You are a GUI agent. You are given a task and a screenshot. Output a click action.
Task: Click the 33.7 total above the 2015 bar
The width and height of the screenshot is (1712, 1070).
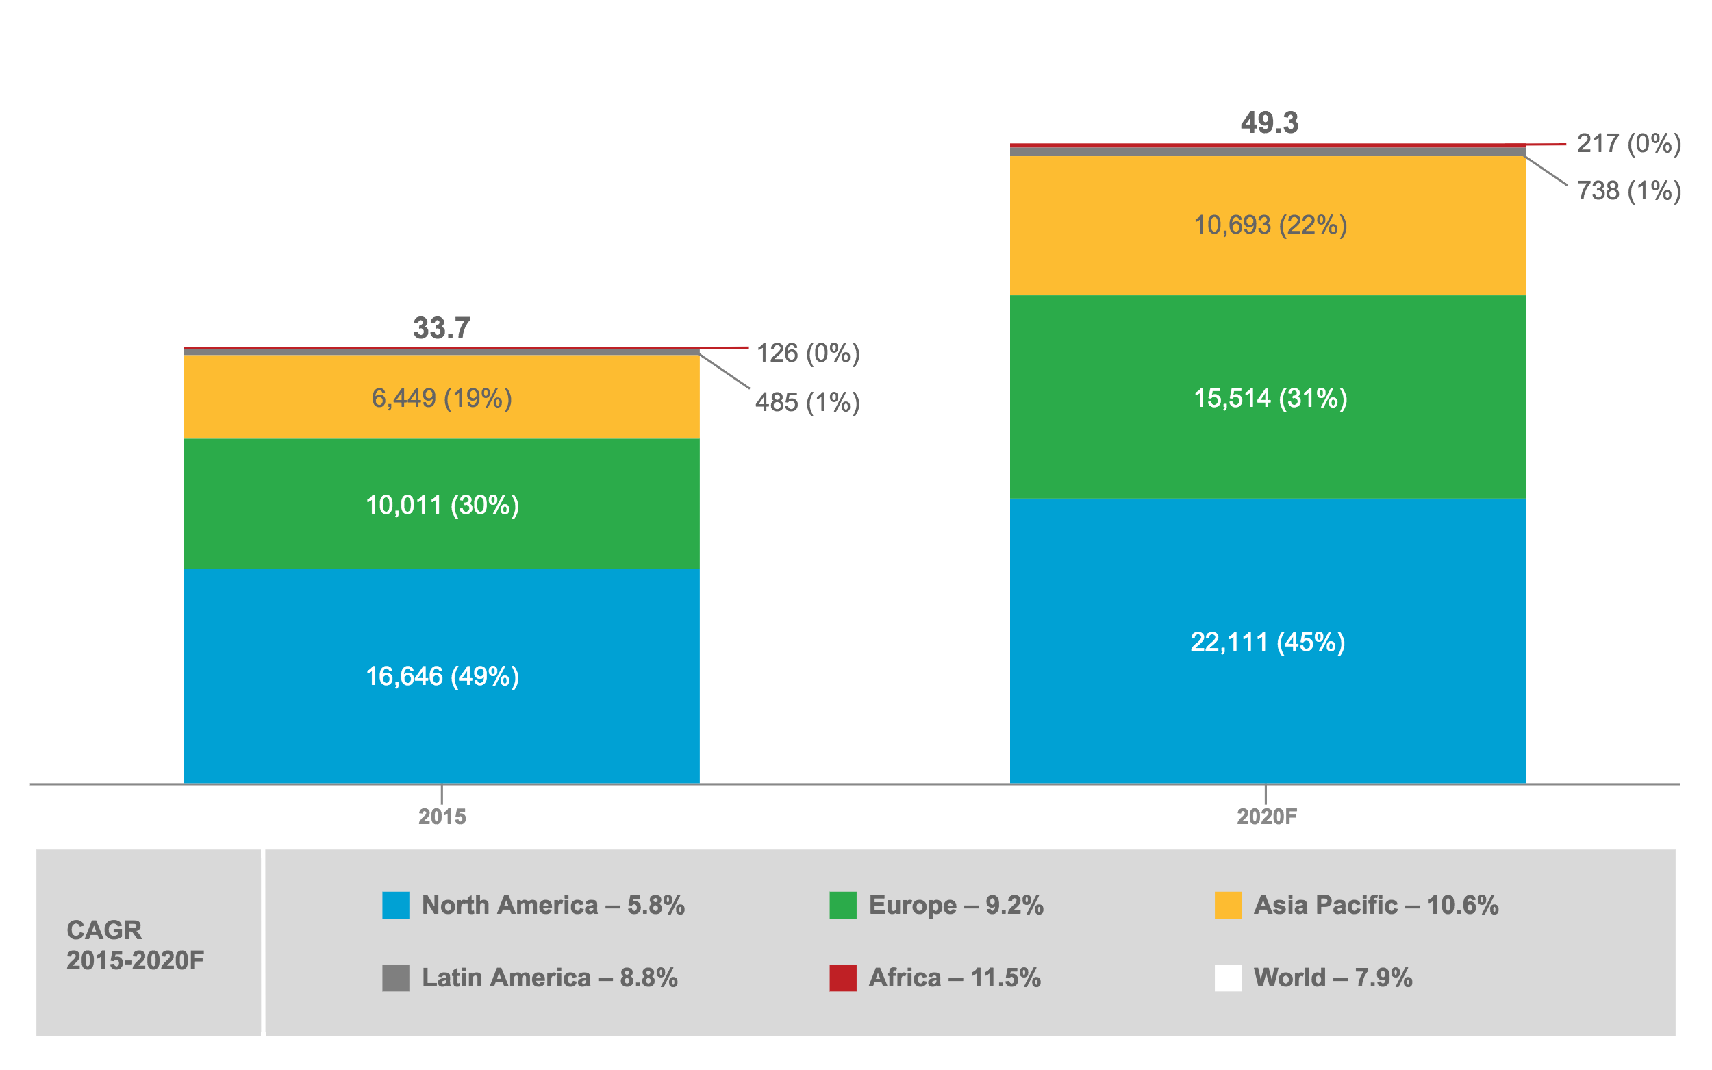[442, 328]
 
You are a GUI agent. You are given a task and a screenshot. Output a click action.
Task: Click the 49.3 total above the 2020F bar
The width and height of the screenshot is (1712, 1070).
[1269, 123]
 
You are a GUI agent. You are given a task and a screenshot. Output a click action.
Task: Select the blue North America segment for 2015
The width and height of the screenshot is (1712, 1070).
[442, 729]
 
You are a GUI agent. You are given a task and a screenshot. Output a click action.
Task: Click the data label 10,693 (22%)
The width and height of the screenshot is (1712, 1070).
[1270, 225]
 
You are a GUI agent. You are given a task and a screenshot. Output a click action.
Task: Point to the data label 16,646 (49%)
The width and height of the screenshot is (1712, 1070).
[442, 677]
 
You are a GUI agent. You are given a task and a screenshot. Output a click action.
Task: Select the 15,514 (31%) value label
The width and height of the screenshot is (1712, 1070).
[1270, 399]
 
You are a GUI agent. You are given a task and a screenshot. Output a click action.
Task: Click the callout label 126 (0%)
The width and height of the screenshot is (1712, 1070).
[808, 353]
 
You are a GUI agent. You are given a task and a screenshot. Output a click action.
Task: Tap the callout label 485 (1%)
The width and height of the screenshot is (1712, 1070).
[807, 403]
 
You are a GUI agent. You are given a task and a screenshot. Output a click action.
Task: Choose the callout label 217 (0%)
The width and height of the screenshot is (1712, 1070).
[1628, 144]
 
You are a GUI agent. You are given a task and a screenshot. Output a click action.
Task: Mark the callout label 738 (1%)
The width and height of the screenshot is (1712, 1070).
[1628, 191]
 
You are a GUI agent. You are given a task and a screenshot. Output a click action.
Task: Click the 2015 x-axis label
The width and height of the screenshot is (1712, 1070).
[442, 817]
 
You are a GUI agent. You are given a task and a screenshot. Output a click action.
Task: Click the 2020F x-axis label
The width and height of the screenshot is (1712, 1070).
[1266, 817]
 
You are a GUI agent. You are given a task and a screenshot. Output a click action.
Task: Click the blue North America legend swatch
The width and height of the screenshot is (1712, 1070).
[395, 905]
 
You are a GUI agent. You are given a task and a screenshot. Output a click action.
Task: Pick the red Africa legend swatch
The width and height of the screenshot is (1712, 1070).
[842, 978]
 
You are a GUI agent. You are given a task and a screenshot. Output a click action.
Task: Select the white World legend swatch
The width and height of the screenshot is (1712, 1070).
[1227, 978]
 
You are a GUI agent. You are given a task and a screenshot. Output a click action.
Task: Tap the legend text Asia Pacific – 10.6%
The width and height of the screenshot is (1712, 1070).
[1376, 905]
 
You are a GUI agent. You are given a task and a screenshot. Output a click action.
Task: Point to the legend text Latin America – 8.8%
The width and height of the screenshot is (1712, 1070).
[550, 978]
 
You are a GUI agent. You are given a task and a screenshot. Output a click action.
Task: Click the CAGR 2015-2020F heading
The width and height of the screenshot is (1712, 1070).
[134, 945]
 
